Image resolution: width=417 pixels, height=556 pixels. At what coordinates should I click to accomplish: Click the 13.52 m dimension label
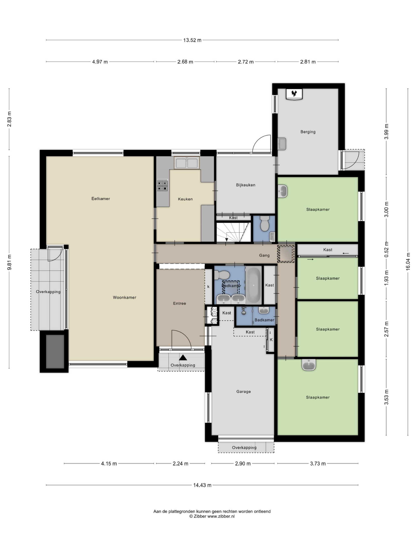point(192,40)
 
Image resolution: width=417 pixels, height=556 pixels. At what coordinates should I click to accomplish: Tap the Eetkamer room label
point(100,198)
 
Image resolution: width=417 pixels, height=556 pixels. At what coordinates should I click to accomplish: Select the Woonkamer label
point(124,297)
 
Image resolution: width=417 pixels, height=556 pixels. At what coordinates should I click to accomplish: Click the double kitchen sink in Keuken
point(187,163)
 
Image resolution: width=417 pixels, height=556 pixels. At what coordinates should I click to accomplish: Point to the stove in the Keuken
point(162,186)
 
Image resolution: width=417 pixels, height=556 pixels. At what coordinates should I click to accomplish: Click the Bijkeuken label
point(246,185)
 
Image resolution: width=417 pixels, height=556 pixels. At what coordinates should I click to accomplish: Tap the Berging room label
point(308,132)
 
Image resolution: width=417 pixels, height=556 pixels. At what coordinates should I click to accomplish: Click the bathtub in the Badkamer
point(253,286)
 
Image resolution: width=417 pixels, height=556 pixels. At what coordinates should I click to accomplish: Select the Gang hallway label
point(264,255)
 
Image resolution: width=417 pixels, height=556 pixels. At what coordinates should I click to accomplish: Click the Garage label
point(243,391)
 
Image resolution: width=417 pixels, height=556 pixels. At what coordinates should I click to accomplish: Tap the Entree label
point(180,303)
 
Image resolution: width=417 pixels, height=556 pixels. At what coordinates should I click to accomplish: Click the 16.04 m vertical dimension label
point(408,262)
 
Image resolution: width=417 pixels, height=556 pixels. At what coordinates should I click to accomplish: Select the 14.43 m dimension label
point(202,485)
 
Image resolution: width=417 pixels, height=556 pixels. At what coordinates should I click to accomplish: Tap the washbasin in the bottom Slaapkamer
point(309,364)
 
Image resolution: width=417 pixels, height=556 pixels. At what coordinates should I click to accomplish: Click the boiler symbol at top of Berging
point(294,94)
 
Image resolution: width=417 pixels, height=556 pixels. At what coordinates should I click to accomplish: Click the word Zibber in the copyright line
point(200,516)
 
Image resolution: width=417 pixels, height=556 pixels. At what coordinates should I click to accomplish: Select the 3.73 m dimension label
point(318,463)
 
